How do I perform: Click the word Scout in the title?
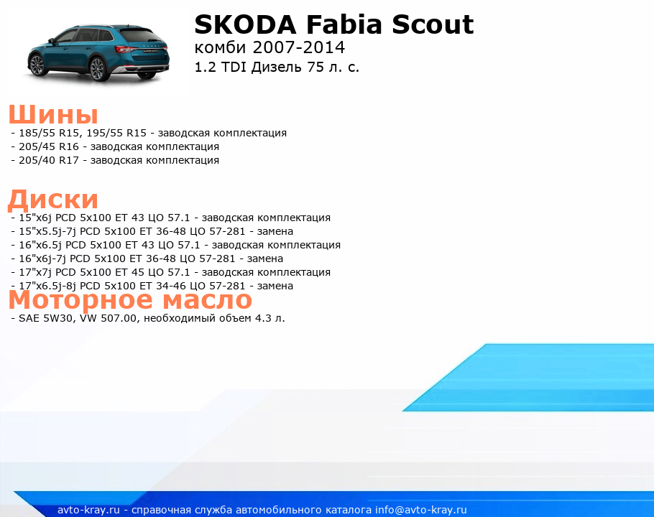click(x=433, y=24)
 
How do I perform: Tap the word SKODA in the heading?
click(x=245, y=24)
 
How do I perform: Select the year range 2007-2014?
click(x=299, y=47)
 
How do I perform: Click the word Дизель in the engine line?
click(x=277, y=67)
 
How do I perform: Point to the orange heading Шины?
click(x=53, y=114)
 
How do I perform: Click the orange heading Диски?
click(x=53, y=199)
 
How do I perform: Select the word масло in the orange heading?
click(x=207, y=299)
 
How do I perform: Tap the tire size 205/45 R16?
click(x=49, y=146)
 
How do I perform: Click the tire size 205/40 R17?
click(x=49, y=160)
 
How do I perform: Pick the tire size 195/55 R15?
click(x=116, y=133)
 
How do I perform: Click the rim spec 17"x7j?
click(x=35, y=272)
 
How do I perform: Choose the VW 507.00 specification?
click(x=108, y=318)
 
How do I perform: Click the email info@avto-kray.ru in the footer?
click(x=421, y=510)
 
